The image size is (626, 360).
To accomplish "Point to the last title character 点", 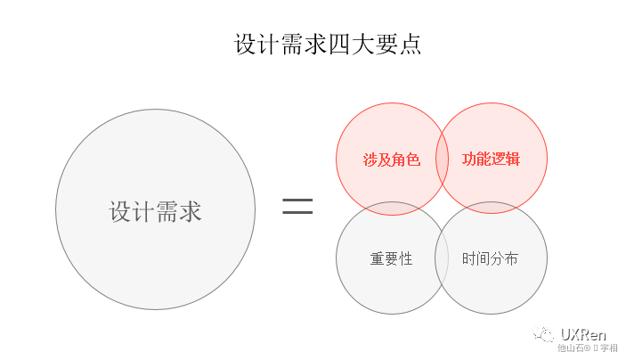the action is (411, 45).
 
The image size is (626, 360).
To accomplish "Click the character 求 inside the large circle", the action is (191, 212).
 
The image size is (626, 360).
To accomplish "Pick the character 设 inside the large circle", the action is (121, 212).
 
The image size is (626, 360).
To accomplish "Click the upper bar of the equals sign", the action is (297, 200).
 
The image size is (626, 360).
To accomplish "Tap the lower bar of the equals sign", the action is (297, 215).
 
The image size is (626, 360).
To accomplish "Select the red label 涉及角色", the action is (391, 160).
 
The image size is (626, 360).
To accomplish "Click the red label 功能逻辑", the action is (491, 160).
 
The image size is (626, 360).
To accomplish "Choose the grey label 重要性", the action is (391, 259).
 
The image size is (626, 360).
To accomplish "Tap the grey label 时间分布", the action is (491, 259).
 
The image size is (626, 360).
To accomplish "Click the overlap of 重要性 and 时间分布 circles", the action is (441, 258).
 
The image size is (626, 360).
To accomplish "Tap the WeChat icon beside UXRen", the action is (543, 335).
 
